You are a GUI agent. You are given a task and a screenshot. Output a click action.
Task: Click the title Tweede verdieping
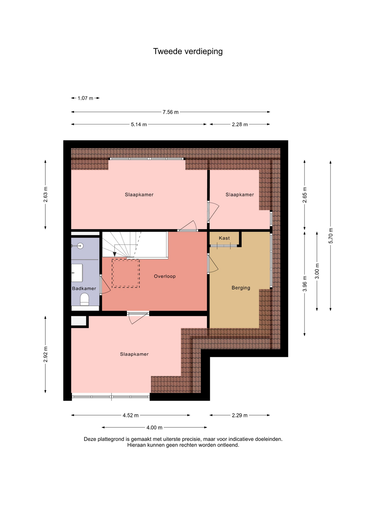tap(188, 52)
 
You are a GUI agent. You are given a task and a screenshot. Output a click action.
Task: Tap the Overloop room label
tap(165, 276)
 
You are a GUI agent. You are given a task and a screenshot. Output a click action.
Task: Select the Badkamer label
tap(84, 288)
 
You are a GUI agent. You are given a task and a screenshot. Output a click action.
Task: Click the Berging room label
tap(241, 288)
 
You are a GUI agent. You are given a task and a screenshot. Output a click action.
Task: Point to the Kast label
tap(224, 238)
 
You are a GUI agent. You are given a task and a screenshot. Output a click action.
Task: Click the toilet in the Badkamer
tap(84, 300)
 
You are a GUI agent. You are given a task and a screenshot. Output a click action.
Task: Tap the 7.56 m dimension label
tap(171, 112)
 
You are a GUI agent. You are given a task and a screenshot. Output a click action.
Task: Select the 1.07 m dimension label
tap(85, 98)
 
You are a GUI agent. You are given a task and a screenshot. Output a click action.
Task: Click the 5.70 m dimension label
tap(331, 236)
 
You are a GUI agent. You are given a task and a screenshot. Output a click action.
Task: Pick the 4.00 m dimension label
tap(154, 428)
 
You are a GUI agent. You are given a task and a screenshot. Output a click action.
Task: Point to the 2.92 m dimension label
tap(46, 354)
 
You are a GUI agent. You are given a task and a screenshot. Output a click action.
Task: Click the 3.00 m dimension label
tap(317, 271)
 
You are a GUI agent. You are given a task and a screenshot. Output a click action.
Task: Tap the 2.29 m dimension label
tap(240, 415)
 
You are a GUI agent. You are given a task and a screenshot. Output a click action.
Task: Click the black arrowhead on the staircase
tap(115, 254)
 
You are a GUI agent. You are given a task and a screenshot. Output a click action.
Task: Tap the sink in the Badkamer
tap(77, 273)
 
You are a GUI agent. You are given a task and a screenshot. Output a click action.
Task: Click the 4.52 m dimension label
tap(131, 415)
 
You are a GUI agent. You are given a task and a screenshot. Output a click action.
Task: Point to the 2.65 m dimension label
tap(305, 195)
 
